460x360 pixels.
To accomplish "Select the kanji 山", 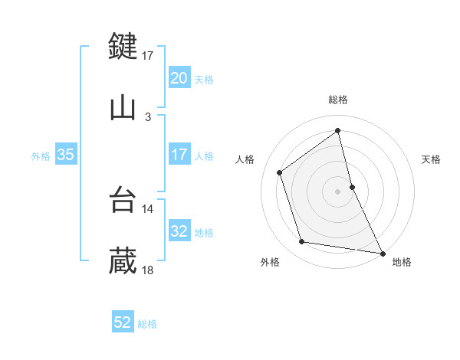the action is pyautogui.click(x=123, y=108).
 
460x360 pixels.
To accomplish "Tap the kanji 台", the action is pyautogui.click(x=123, y=199).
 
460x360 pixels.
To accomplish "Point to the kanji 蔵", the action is pyautogui.click(x=123, y=261).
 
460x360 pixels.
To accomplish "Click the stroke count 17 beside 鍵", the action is pyautogui.click(x=148, y=55).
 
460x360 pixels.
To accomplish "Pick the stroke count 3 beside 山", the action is pyautogui.click(x=148, y=117).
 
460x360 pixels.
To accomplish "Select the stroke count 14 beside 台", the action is pyautogui.click(x=148, y=208).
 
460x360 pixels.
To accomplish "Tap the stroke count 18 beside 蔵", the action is pyautogui.click(x=148, y=270).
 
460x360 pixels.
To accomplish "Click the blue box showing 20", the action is pyautogui.click(x=179, y=78).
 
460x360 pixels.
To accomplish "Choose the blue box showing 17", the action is pyautogui.click(x=179, y=155).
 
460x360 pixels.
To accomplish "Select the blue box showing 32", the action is pyautogui.click(x=179, y=231).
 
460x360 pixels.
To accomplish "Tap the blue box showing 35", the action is pyautogui.click(x=66, y=155).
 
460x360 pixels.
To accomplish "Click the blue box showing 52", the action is pyautogui.click(x=123, y=323).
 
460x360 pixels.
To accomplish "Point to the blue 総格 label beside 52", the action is pyautogui.click(x=147, y=324).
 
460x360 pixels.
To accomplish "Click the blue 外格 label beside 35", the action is pyautogui.click(x=41, y=155).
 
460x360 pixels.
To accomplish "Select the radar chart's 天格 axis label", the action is pyautogui.click(x=431, y=159).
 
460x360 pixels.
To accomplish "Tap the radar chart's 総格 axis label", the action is pyautogui.click(x=338, y=100).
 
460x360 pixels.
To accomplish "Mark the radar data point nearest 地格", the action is pyautogui.click(x=382, y=253).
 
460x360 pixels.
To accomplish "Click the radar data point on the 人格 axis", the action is pyautogui.click(x=280, y=172).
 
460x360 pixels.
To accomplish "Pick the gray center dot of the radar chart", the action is pyautogui.click(x=338, y=191).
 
